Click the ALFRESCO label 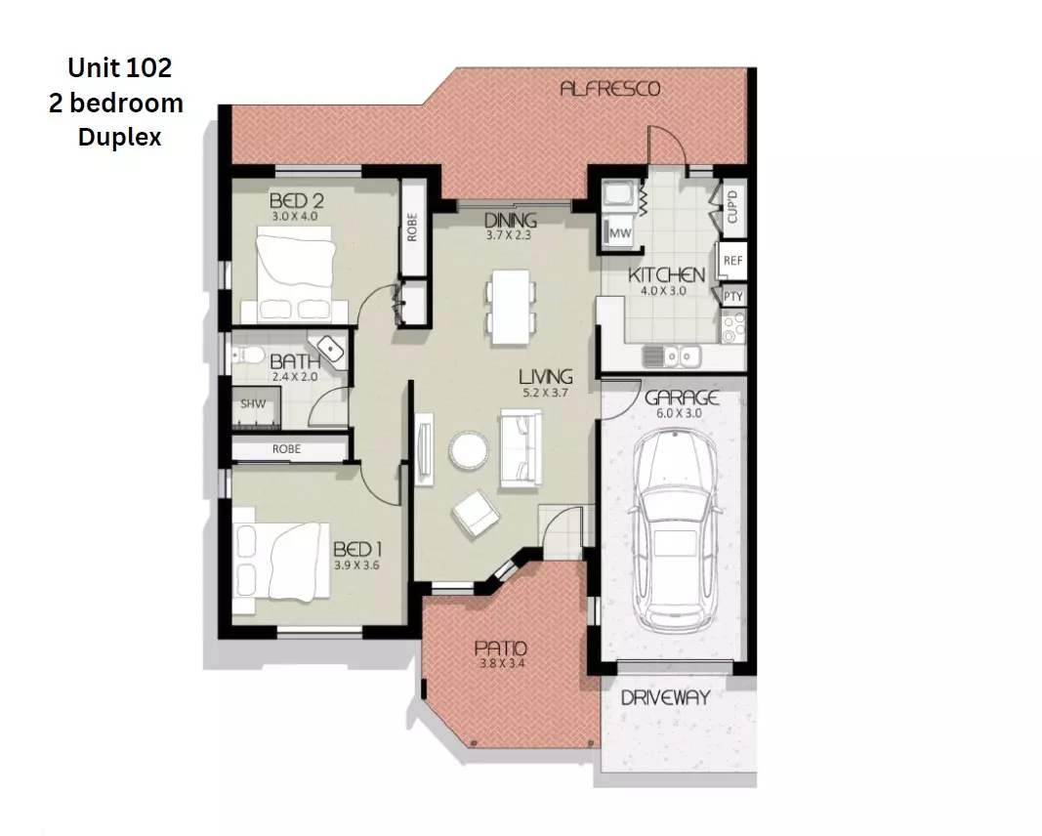(609, 89)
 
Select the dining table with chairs (511, 307)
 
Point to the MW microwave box (619, 234)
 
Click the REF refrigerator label (732, 261)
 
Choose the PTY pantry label (732, 296)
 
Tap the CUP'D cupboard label (732, 208)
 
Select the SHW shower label (252, 403)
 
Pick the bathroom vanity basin (330, 349)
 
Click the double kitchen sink (673, 356)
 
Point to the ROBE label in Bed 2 (413, 229)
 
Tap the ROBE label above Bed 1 (287, 449)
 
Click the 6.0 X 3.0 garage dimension (681, 413)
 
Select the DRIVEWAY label (664, 698)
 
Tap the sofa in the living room (520, 448)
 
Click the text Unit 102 (119, 67)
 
